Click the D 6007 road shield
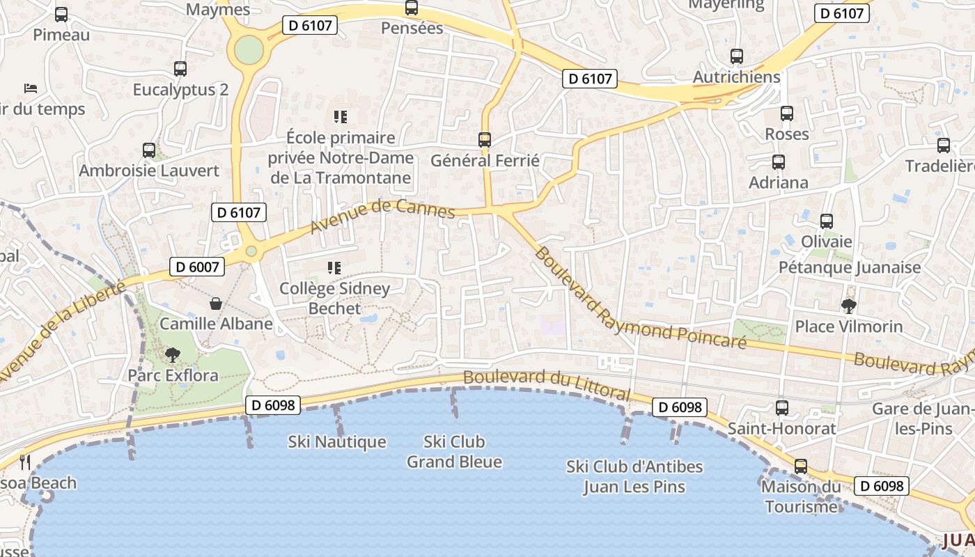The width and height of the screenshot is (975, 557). pos(198,266)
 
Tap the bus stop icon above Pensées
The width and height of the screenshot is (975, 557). pos(412,8)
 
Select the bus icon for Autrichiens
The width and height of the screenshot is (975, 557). pos(737,56)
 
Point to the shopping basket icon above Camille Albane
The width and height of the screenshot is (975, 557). pos(216,304)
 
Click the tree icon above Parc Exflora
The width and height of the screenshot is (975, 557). pos(172,355)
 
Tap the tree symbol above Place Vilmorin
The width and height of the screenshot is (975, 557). pos(849,306)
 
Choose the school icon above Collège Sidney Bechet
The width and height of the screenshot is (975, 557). pos(334,267)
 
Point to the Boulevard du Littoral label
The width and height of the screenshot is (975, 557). pos(547,385)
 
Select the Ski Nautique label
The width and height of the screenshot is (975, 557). pos(337,442)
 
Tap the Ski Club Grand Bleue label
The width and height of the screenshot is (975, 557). pos(454,451)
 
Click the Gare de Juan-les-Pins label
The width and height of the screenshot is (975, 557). pos(923,418)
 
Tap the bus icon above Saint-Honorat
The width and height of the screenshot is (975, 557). pos(782,408)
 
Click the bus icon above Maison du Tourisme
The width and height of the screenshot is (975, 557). pos(801,466)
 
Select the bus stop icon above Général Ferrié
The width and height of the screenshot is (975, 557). pos(485,140)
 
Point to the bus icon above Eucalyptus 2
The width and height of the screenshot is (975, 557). pos(180,69)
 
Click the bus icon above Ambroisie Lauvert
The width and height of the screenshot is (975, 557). pos(148,150)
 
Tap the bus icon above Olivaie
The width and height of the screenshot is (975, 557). pos(827,221)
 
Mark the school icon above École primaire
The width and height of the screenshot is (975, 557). pos(341,116)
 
